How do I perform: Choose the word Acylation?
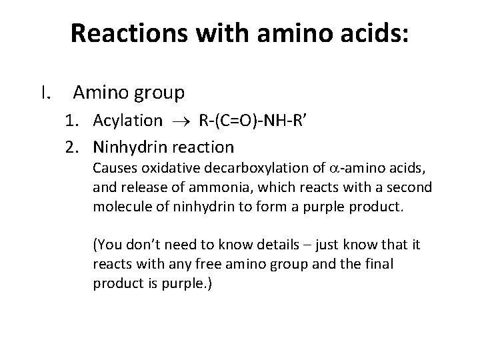(127, 121)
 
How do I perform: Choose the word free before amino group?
(204, 264)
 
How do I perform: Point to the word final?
(377, 264)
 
